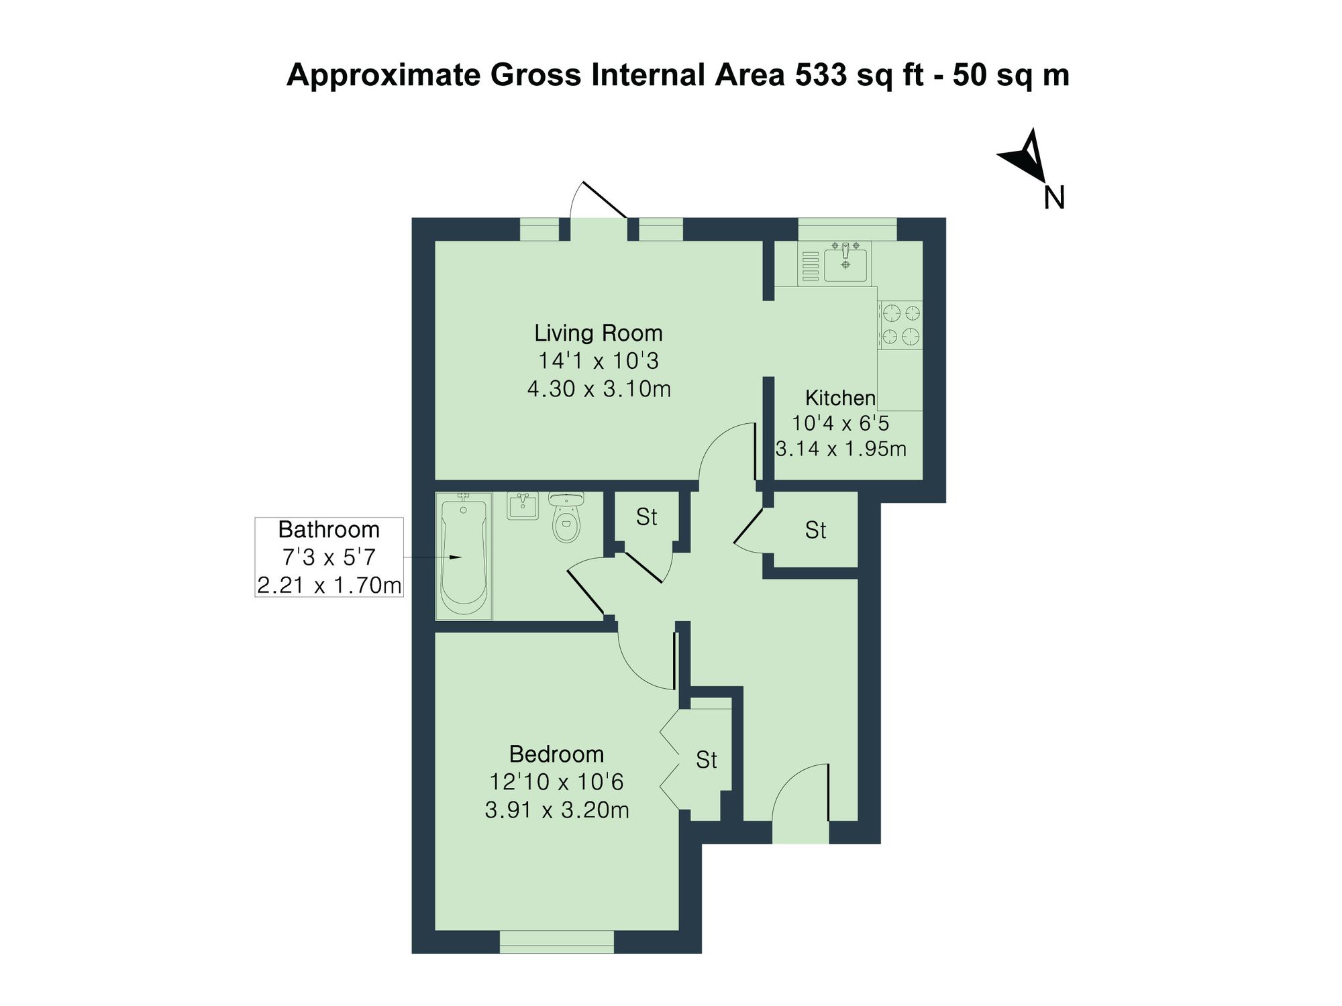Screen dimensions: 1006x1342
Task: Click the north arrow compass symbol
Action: click(1024, 156)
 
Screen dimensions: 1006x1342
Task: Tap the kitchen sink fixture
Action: click(845, 262)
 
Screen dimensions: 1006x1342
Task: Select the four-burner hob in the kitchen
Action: click(900, 325)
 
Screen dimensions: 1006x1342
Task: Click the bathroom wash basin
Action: click(522, 506)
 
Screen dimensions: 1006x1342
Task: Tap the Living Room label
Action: click(598, 333)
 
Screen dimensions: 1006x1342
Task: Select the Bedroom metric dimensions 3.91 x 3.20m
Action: click(557, 810)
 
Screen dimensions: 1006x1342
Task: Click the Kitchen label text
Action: click(840, 398)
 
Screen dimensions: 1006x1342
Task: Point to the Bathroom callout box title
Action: click(329, 530)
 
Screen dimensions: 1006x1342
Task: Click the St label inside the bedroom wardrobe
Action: click(706, 760)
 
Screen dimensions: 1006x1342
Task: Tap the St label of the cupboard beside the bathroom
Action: click(646, 517)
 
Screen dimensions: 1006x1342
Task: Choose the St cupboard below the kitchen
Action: click(815, 530)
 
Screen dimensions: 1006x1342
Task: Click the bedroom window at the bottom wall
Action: click(557, 942)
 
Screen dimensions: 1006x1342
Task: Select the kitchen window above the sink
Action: click(847, 229)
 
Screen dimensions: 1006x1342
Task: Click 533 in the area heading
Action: click(821, 75)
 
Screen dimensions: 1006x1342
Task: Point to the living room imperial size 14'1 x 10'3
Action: click(598, 361)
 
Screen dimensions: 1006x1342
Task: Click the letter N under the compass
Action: click(1054, 198)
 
